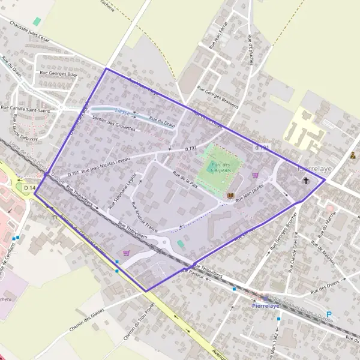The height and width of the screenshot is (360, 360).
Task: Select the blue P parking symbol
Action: (x=329, y=314)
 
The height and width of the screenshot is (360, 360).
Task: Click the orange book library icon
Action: (x=230, y=196)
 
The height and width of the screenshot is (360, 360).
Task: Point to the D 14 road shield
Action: (x=30, y=188)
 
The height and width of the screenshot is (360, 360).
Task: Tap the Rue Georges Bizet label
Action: (x=59, y=74)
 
